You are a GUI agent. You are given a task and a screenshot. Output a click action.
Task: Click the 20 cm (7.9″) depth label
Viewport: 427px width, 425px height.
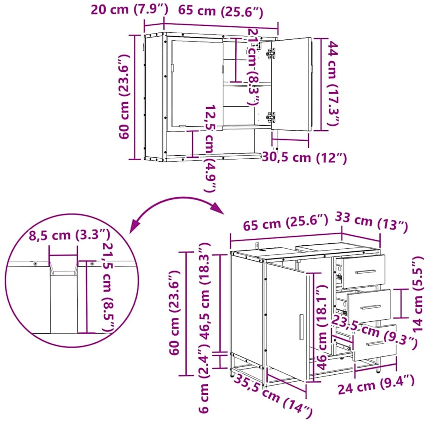[129, 10]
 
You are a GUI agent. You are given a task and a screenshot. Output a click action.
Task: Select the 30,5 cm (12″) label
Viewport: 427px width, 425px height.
[304, 158]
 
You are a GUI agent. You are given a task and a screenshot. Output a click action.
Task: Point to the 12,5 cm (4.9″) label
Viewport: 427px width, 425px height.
[210, 148]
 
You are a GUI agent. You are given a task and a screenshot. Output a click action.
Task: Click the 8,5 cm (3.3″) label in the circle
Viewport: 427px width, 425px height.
[70, 235]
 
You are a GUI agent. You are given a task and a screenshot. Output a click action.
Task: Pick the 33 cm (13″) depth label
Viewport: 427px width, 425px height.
[371, 222]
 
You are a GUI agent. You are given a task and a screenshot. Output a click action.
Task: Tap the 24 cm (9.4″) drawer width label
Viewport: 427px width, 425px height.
[376, 385]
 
